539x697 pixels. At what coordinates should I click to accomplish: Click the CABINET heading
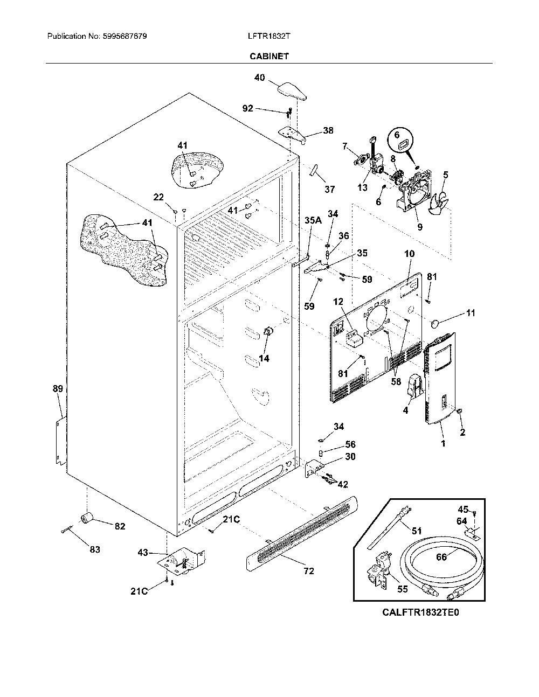point(269,56)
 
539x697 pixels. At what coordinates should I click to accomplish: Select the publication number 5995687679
point(125,36)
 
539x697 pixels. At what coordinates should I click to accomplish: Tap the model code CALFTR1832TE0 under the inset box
point(420,612)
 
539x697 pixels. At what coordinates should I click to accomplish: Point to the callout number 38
point(328,130)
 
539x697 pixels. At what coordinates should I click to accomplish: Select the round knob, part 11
point(436,324)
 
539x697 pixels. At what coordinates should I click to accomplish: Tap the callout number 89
point(58,389)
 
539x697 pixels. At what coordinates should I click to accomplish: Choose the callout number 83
point(95,549)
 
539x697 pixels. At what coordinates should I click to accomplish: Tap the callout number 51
point(417,531)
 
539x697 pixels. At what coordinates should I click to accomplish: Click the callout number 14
point(264,358)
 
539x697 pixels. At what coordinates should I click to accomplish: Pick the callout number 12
point(338,302)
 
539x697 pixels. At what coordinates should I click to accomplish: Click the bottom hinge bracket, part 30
point(313,468)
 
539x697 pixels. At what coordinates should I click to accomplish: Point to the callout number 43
point(143,552)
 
